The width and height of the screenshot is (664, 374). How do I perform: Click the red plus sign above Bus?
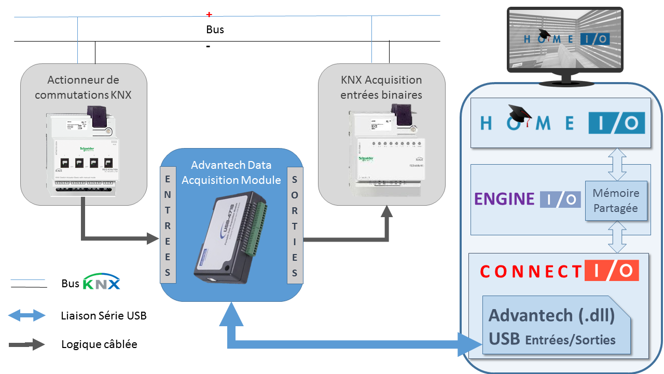[209, 14]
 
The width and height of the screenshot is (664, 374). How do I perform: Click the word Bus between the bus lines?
[215, 30]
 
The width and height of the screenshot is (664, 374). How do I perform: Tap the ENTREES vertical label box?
[168, 225]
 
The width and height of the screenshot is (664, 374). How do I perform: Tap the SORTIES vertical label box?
[295, 225]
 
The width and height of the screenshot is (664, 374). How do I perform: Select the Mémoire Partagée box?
[616, 201]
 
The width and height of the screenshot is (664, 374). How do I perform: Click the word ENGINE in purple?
[504, 199]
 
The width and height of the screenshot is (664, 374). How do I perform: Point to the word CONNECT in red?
[530, 271]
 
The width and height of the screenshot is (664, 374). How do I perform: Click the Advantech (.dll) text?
[551, 315]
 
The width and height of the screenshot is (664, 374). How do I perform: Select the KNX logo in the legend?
[102, 283]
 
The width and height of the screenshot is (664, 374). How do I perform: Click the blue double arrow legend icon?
[27, 315]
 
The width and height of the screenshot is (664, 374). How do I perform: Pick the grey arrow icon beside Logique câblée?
[27, 344]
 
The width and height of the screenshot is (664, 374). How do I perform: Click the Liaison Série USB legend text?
[104, 315]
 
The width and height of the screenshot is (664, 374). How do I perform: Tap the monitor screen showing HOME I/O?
[565, 39]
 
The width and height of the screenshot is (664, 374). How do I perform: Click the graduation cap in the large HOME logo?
[520, 114]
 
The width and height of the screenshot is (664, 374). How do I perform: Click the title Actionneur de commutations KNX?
[83, 87]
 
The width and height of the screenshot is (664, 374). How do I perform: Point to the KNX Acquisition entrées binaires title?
[381, 87]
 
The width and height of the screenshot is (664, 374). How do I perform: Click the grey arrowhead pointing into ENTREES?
[153, 238]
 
